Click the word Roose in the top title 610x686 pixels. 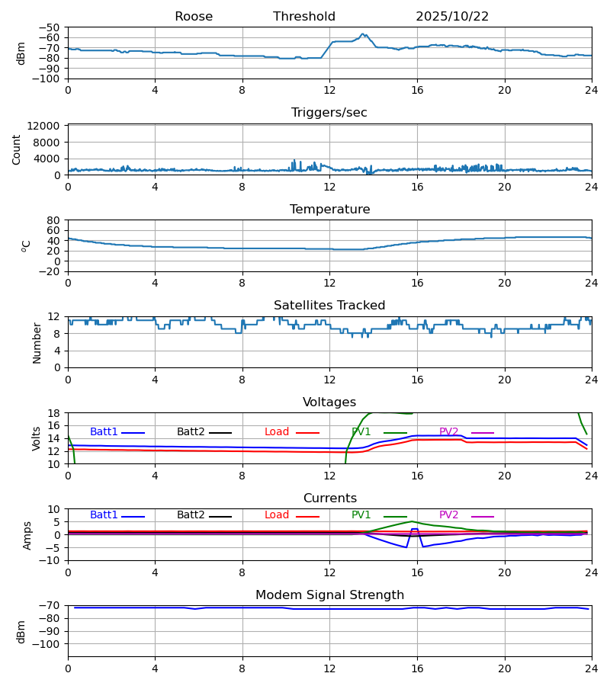click(194, 17)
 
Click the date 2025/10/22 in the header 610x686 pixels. click(452, 17)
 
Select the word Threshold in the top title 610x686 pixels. click(304, 17)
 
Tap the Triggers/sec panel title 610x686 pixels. click(329, 113)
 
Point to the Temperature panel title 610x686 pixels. click(329, 210)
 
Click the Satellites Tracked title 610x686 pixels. click(329, 306)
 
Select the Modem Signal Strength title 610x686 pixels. click(329, 595)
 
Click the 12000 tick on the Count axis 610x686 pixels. click(48, 126)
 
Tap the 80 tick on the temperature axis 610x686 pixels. click(54, 220)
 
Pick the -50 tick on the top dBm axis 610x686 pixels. click(51, 27)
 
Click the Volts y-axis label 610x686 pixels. click(37, 438)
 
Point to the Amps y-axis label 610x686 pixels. click(27, 535)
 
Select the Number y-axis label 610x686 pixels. click(37, 342)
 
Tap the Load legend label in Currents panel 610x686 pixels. click(277, 515)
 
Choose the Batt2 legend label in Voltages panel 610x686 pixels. click(191, 432)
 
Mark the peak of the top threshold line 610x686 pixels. click(363, 34)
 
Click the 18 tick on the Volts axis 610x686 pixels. click(54, 413)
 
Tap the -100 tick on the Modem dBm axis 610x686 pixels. click(48, 644)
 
